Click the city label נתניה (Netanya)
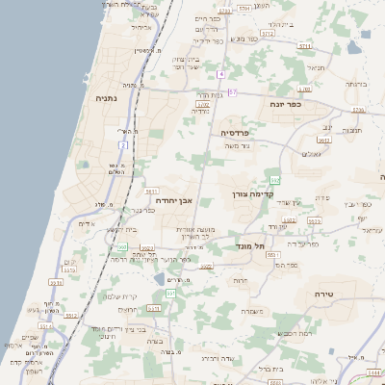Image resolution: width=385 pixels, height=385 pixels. pos(107,97)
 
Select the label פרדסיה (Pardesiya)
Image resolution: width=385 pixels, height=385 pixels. pos(236,132)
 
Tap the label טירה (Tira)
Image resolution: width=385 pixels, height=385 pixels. pos(322,292)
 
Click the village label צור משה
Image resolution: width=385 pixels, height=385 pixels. pos(235,146)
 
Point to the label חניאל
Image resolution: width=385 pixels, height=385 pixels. pos(315,68)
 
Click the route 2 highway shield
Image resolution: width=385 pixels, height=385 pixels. pos(123,145)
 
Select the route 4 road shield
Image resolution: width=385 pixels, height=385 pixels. pos(219,74)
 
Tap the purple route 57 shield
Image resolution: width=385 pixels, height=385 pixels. pos(232,91)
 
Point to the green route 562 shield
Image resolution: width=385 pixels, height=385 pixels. pos(276,180)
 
